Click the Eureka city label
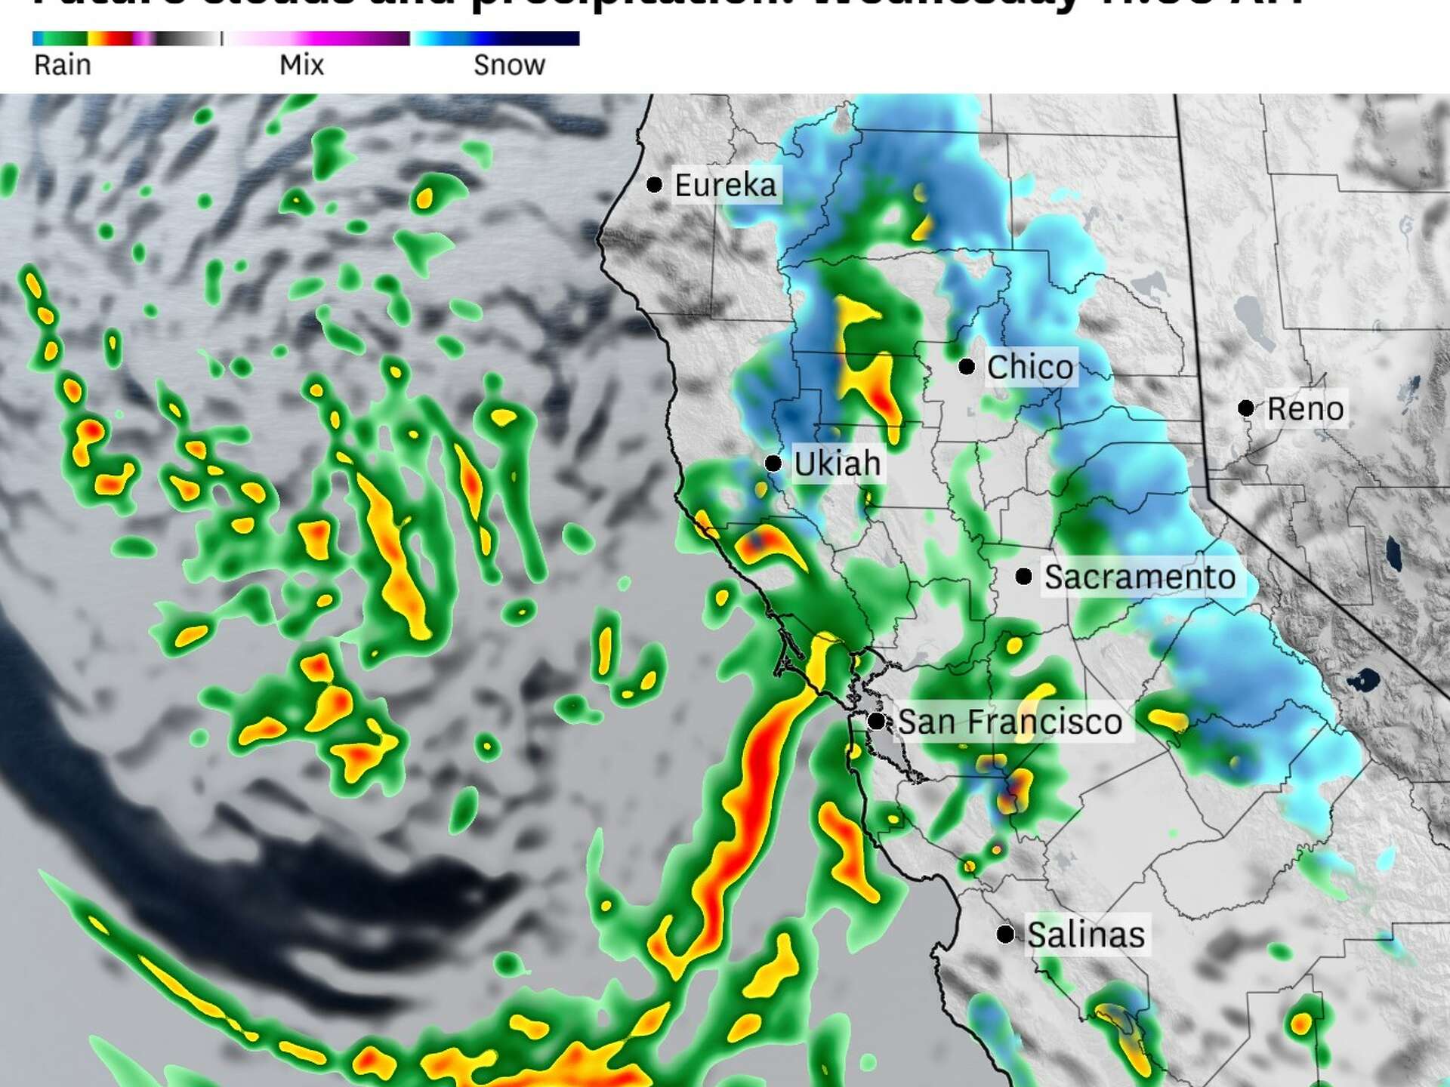725,185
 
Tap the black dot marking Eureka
655,184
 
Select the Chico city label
1030,368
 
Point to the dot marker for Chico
967,367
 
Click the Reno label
1305,409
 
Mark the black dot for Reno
1246,408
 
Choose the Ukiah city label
838,463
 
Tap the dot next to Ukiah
773,463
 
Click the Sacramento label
1140,577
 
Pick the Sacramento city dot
1024,577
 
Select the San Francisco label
1010,722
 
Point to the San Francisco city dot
876,722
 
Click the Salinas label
1086,935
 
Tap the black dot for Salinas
1005,935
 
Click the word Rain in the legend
63,66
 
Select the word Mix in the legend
301,66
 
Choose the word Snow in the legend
509,66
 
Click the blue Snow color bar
495,38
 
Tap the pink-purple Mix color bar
317,38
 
